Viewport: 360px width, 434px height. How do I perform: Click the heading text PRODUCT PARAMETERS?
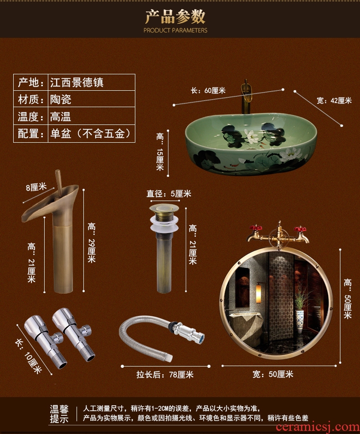[175, 30]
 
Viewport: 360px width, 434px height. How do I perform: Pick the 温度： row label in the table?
[31, 117]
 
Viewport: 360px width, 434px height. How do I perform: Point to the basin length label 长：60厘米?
[208, 91]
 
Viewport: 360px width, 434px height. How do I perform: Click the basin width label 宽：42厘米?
[334, 100]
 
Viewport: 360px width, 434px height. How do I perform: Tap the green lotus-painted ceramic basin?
[251, 144]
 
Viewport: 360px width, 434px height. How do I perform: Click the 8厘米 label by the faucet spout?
[36, 187]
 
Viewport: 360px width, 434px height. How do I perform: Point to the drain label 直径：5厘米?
[169, 193]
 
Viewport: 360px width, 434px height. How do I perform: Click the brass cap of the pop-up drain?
[164, 208]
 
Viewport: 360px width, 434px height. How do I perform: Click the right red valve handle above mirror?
[300, 229]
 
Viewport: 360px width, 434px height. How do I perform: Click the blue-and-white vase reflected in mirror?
[300, 321]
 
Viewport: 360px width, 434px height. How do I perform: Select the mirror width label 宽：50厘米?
[273, 374]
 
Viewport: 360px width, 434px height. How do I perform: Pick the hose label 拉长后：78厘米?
[165, 374]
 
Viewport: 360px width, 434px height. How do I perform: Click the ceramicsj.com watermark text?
[318, 427]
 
